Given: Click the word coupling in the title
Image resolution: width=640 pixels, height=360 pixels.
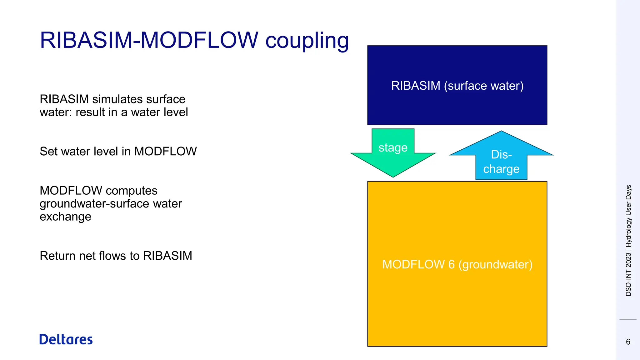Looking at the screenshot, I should pyautogui.click(x=307, y=41).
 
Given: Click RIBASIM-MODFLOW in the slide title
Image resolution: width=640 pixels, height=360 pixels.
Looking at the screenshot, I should pyautogui.click(x=149, y=40).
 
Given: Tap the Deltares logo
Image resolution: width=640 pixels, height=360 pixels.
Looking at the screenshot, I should pyautogui.click(x=66, y=339).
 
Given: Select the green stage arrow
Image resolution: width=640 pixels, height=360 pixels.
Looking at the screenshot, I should pyautogui.click(x=393, y=159).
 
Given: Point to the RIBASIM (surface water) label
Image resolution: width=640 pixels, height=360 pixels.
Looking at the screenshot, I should pyautogui.click(x=457, y=86).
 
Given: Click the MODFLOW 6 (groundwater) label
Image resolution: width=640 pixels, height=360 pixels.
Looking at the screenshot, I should pyautogui.click(x=457, y=264).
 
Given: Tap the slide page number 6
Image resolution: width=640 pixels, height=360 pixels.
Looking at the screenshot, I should pyautogui.click(x=628, y=342).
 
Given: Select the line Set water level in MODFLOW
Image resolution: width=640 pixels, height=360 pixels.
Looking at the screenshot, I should pyautogui.click(x=118, y=151).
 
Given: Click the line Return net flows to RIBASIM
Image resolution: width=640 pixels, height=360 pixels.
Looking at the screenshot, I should pyautogui.click(x=116, y=256).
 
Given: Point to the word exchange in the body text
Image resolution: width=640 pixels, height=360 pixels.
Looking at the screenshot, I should pyautogui.click(x=65, y=217).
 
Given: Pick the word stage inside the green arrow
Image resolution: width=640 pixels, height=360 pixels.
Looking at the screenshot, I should pyautogui.click(x=393, y=147).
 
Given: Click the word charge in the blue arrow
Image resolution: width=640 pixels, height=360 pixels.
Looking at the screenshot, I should pyautogui.click(x=501, y=169).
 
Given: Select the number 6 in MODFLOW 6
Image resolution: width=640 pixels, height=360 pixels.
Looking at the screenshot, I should pyautogui.click(x=451, y=264).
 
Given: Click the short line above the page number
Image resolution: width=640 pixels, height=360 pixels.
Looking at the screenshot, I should pyautogui.click(x=628, y=319).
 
